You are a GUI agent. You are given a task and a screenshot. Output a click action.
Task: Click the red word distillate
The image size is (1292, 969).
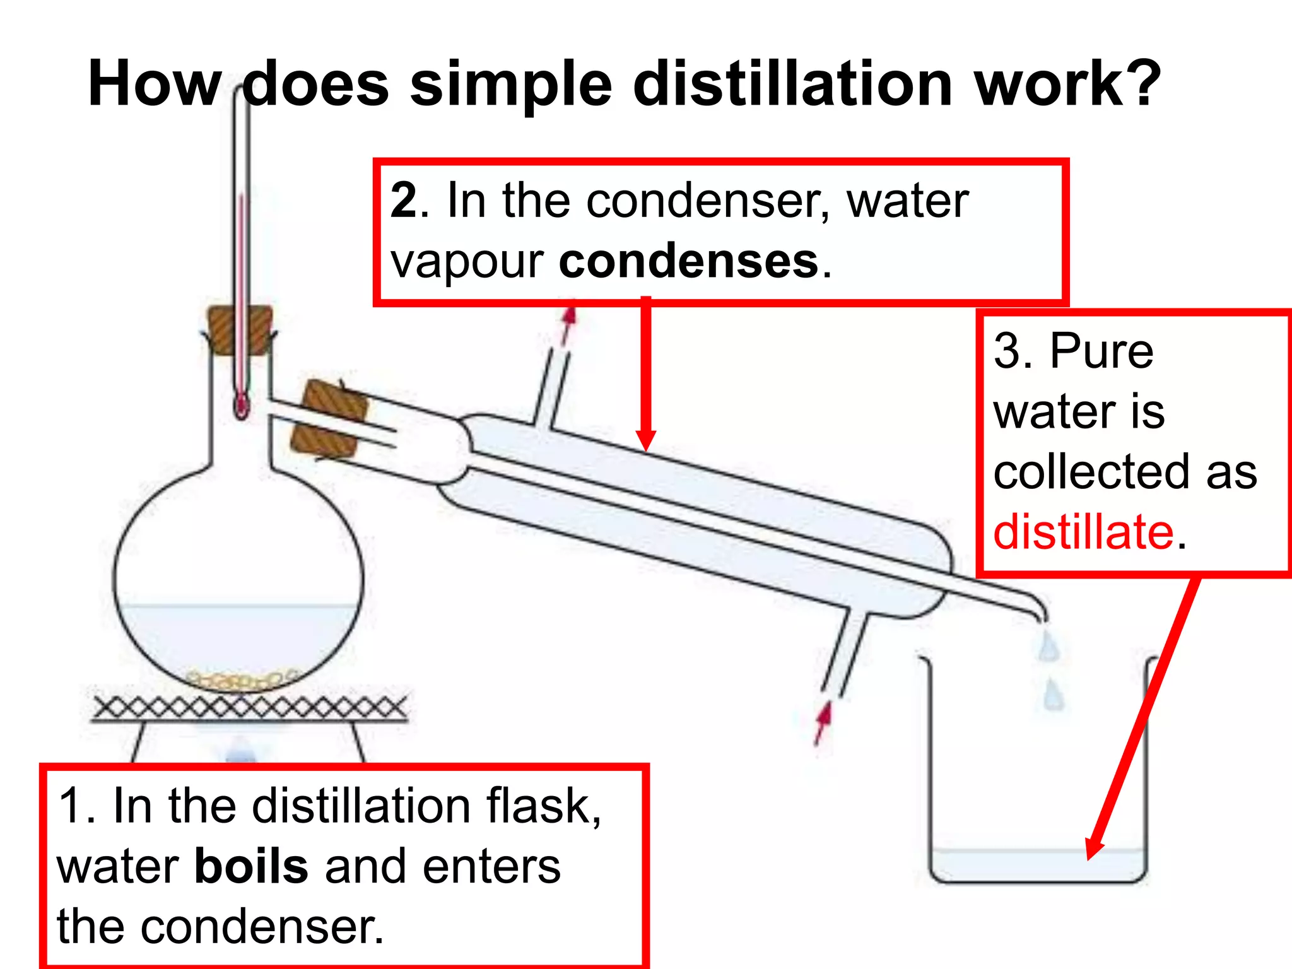pos(1083,532)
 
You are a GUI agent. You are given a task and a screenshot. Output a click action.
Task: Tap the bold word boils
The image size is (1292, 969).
pos(251,866)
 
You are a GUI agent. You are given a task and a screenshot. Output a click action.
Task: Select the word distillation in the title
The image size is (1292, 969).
pos(792,84)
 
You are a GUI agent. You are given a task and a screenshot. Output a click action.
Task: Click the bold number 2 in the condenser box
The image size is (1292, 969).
pos(404,201)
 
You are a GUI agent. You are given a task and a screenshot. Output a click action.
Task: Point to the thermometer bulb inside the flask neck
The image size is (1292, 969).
pos(241,406)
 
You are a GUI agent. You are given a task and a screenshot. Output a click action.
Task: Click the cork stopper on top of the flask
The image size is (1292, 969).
pos(240,329)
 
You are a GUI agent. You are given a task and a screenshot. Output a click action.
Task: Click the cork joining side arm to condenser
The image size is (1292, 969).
pos(328,419)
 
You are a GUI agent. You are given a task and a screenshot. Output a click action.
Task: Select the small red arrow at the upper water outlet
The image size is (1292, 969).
pos(568,323)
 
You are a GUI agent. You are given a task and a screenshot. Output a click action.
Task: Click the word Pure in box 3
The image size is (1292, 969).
pos(1101,351)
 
